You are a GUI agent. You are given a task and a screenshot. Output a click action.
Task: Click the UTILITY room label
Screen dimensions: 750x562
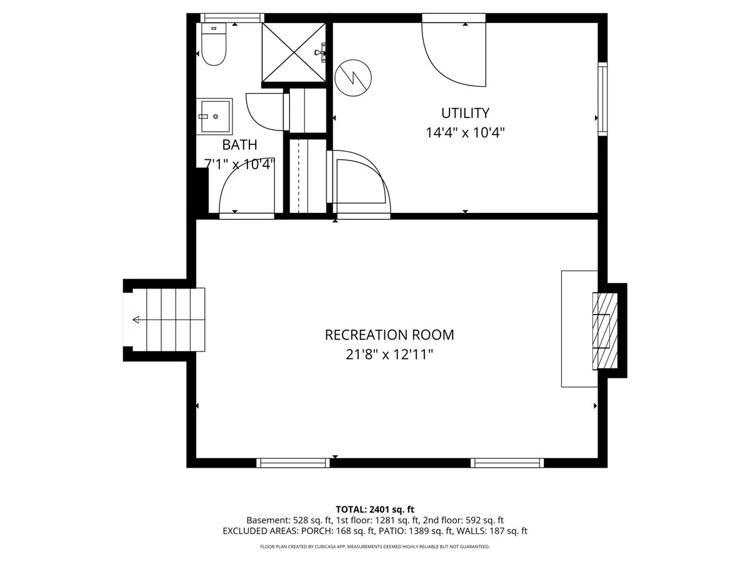pos(465,113)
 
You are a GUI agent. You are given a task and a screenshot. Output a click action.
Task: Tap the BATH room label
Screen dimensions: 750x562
pos(239,145)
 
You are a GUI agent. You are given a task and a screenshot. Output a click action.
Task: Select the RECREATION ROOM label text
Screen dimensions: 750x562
pos(389,335)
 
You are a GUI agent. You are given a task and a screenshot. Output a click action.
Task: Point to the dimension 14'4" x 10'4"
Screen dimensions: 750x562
pos(465,132)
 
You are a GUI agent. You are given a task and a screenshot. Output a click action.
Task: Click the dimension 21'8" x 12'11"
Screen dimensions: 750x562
pos(389,354)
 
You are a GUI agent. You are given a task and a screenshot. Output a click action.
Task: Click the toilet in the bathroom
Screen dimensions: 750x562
pos(214,44)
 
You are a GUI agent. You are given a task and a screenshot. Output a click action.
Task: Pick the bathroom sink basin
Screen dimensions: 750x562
pos(214,116)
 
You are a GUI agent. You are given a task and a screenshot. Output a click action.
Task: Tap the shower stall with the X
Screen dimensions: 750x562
pos(294,52)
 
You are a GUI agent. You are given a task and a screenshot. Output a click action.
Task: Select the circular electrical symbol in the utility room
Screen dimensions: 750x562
pos(353,78)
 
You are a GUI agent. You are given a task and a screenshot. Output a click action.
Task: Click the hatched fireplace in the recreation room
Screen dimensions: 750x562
pos(605,331)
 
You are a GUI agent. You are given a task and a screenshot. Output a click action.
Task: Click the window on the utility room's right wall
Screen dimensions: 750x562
pos(602,99)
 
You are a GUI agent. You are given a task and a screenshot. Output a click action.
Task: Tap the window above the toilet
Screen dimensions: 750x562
pos(232,17)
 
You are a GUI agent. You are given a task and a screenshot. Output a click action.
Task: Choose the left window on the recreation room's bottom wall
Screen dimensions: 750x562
pos(293,463)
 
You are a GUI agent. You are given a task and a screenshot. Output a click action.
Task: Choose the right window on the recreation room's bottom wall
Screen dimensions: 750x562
pos(507,463)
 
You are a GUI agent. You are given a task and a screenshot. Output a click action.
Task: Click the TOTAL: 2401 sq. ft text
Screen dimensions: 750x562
pos(375,510)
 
